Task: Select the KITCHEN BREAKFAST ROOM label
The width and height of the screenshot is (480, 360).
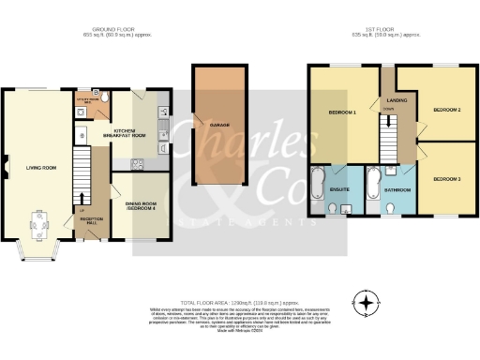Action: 131,133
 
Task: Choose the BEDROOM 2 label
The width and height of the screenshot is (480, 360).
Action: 445,110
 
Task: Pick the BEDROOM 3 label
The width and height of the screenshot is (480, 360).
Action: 445,178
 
